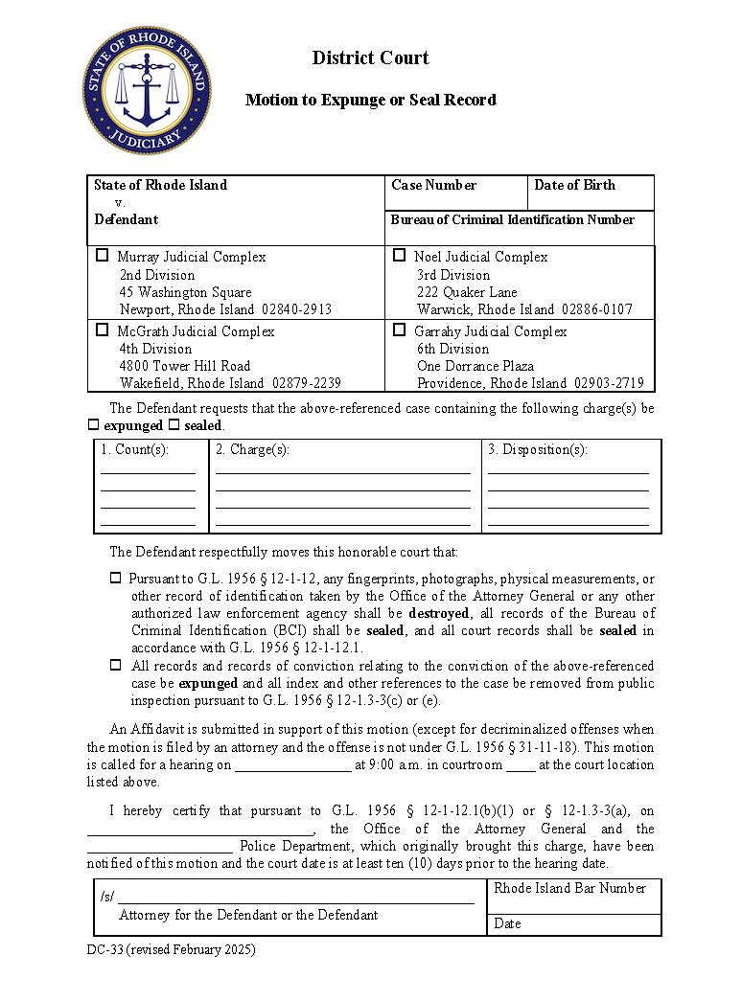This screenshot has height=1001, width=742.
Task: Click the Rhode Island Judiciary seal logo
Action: [x=147, y=90]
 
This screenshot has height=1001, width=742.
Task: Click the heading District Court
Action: [x=370, y=58]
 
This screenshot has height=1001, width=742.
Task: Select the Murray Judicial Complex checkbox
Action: [x=103, y=256]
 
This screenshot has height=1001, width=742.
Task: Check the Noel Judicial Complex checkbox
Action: [x=400, y=256]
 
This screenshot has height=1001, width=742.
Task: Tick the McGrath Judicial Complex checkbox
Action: [x=103, y=330]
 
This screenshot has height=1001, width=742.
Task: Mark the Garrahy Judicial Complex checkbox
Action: [x=400, y=330]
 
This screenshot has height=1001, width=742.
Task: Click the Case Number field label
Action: [x=433, y=185]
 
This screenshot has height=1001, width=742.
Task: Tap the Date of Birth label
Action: [x=574, y=185]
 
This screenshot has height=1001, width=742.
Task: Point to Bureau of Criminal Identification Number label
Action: [x=512, y=219]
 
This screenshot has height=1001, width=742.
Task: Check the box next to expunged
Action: [x=94, y=425]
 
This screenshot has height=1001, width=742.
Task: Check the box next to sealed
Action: [x=174, y=425]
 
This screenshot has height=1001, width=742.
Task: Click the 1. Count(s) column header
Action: [x=134, y=449]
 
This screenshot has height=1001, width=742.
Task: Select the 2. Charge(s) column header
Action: [x=252, y=449]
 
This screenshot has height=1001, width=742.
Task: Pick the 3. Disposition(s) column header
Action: [x=537, y=449]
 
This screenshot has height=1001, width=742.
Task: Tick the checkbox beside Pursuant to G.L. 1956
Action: [x=116, y=579]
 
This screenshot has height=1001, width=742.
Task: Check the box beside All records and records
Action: [x=116, y=665]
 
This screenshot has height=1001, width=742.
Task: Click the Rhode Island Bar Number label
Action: [x=569, y=888]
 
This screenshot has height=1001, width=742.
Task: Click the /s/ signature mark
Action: [x=106, y=897]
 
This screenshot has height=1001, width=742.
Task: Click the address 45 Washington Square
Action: [x=185, y=292]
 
